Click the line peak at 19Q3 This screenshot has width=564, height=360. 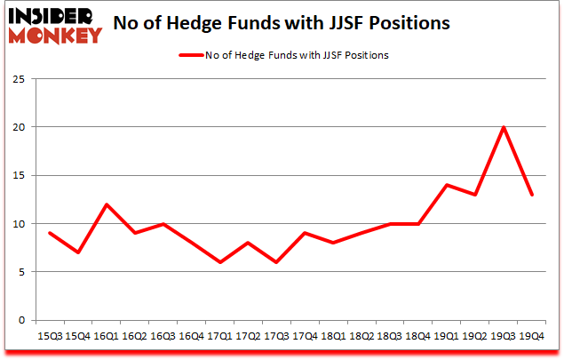(504, 127)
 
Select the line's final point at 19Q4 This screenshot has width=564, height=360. (530, 195)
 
